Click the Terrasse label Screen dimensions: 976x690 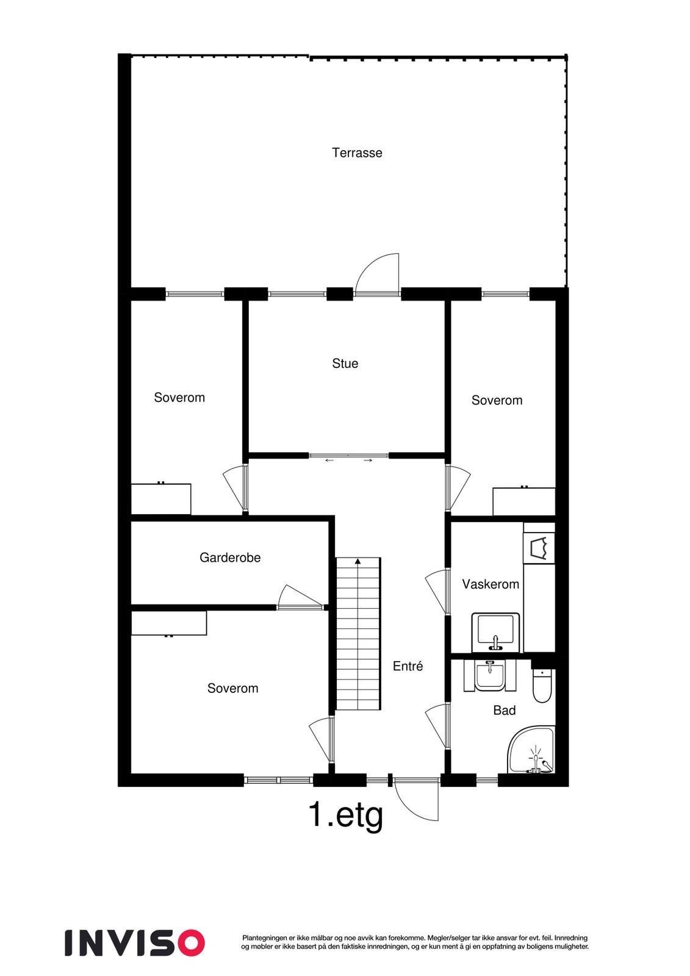[357, 152]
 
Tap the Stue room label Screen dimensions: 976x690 [345, 364]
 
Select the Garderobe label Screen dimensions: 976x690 [230, 558]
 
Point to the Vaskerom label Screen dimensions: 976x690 [491, 584]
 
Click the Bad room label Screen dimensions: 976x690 [505, 711]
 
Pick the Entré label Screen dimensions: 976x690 [408, 667]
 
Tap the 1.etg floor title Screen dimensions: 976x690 [346, 814]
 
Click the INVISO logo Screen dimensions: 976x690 [135, 942]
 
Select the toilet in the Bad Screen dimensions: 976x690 [542, 686]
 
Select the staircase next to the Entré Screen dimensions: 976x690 [358, 634]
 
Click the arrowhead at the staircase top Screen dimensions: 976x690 [358, 561]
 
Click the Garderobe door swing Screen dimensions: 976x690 [298, 597]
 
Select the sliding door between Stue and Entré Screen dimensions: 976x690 [348, 456]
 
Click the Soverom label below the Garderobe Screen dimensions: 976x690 [232, 689]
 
